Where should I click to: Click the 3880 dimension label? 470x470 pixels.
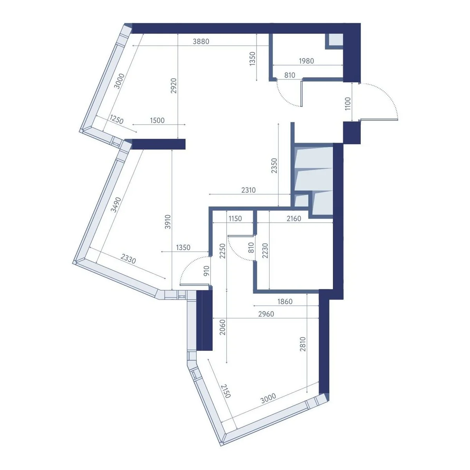(x=201, y=42)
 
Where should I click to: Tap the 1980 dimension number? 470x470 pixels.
(x=306, y=61)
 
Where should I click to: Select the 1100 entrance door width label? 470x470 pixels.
(x=348, y=104)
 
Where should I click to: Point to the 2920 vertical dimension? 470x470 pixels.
(x=174, y=86)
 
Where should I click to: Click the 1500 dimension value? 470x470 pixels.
(x=157, y=120)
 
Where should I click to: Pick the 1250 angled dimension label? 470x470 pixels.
(x=116, y=119)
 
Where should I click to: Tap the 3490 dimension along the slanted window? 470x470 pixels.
(x=116, y=205)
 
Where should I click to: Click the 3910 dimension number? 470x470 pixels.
(x=168, y=222)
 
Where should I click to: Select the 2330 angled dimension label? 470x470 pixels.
(x=128, y=258)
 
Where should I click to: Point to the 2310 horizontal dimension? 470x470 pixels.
(x=248, y=190)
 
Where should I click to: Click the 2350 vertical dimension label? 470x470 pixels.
(x=274, y=166)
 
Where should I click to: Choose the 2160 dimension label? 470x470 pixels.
(x=294, y=219)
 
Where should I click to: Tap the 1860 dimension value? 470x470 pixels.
(x=285, y=302)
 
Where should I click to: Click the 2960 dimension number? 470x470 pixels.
(x=266, y=314)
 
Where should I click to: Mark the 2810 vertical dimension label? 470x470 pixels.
(x=303, y=344)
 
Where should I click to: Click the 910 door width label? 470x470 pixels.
(x=206, y=271)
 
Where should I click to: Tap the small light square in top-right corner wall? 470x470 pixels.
(x=336, y=39)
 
